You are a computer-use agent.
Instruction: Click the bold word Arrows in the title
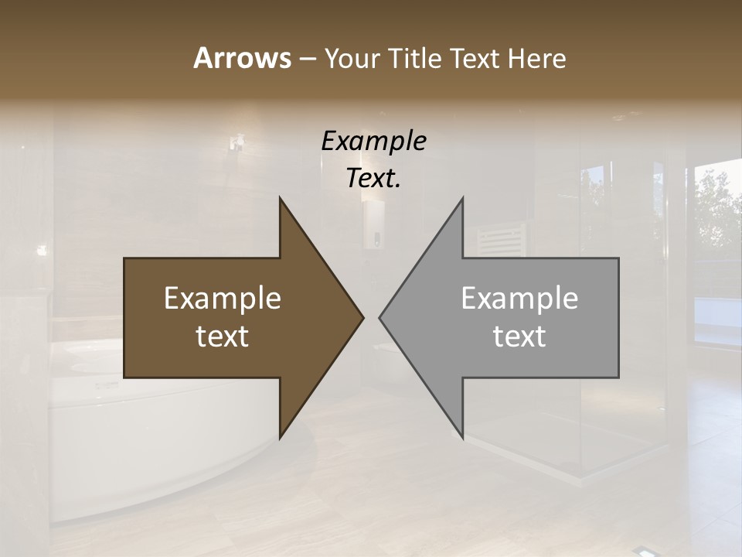pyautogui.click(x=241, y=58)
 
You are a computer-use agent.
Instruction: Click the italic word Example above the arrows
pyautogui.click(x=373, y=141)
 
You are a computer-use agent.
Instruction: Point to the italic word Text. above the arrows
pyautogui.click(x=373, y=178)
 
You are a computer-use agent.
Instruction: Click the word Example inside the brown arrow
pyautogui.click(x=223, y=299)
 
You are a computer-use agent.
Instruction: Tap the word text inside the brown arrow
pyautogui.click(x=223, y=337)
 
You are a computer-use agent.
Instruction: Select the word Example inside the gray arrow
pyautogui.click(x=519, y=299)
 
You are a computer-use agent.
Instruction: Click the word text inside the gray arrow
pyautogui.click(x=519, y=337)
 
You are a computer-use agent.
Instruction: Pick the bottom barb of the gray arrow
pyautogui.click(x=461, y=429)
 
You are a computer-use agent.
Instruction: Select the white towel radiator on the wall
pyautogui.click(x=500, y=240)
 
